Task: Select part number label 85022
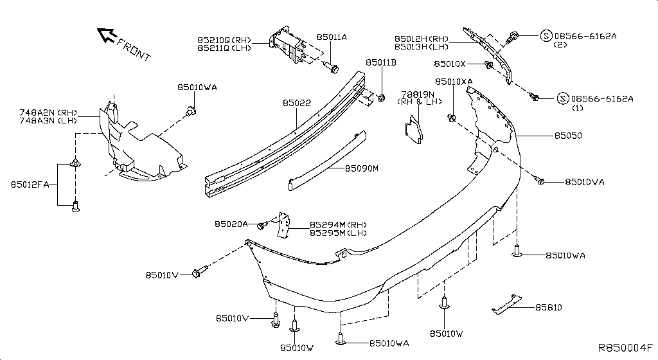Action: pos(296,102)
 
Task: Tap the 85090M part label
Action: pos(362,168)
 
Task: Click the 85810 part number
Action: pos(548,307)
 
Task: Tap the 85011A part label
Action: pos(332,37)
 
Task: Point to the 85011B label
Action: pos(381,62)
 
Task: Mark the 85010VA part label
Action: pos(585,182)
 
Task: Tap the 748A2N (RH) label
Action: pos(48,112)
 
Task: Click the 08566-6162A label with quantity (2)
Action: pos(585,36)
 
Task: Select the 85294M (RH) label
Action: pos(339,224)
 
